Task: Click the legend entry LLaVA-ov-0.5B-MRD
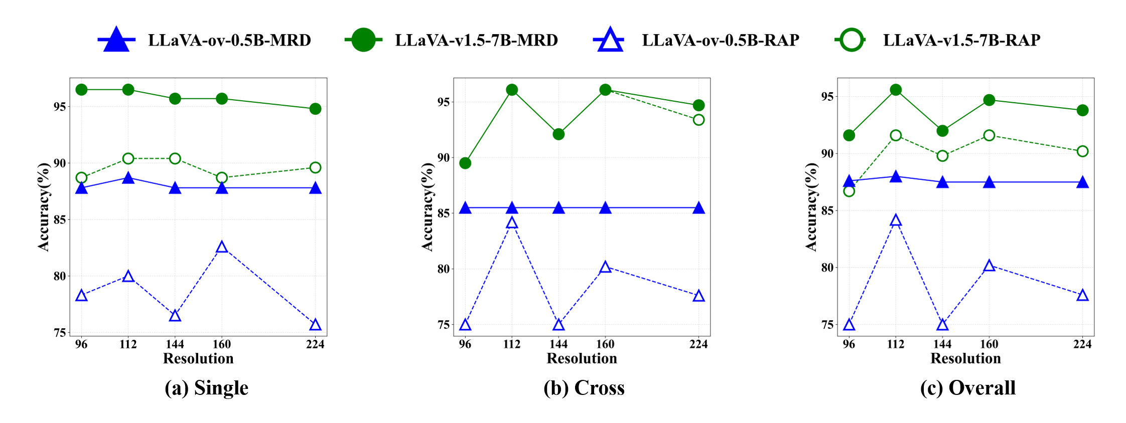tap(229, 40)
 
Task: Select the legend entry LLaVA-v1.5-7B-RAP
tap(961, 40)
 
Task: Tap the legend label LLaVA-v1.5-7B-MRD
tap(476, 40)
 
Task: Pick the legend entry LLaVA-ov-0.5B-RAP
tap(720, 40)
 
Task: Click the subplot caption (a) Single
tap(206, 388)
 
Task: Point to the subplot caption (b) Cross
tap(584, 388)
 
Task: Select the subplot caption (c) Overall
tap(968, 388)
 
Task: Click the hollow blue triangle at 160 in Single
tap(222, 247)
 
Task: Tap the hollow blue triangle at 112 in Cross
tap(512, 223)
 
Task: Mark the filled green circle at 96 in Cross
tap(465, 163)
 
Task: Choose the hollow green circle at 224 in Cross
tap(698, 120)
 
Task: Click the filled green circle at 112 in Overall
tap(896, 90)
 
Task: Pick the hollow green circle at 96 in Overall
tap(849, 191)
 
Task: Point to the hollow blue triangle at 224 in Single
tap(315, 325)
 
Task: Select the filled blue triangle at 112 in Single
tap(128, 178)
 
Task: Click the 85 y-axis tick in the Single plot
tap(60, 220)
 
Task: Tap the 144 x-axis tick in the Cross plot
tap(558, 344)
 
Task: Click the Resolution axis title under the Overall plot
tap(965, 358)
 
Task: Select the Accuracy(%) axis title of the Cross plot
tap(428, 206)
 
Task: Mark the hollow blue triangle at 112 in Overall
tap(896, 221)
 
